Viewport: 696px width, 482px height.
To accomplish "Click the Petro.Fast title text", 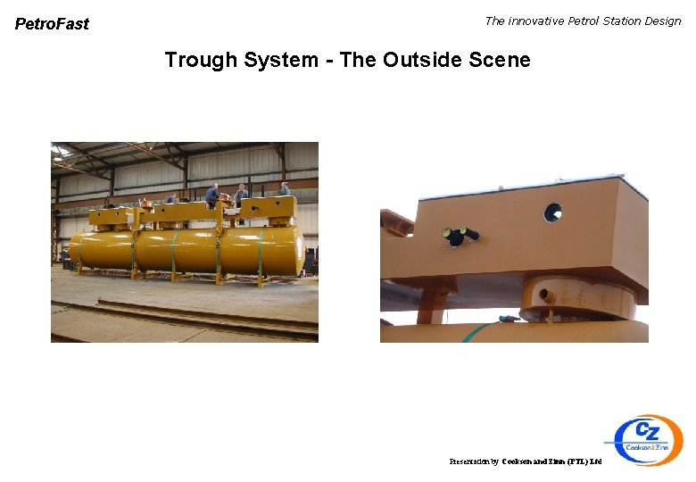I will (52, 24).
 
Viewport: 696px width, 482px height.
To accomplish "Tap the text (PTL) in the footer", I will (577, 461).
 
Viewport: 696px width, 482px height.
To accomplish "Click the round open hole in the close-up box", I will (553, 212).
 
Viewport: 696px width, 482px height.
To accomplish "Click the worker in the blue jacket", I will (212, 194).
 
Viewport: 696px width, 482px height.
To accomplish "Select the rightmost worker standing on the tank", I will (285, 189).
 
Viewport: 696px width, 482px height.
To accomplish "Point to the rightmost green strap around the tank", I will (261, 252).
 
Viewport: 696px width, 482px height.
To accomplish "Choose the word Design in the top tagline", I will (664, 21).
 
